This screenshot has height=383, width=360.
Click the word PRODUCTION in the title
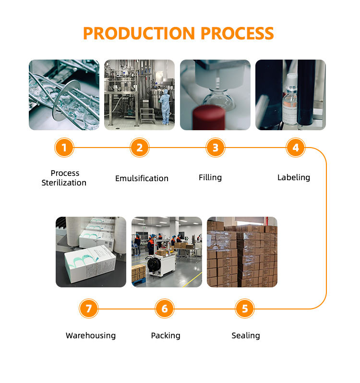pos(139,33)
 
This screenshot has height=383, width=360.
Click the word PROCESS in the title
pos(237,33)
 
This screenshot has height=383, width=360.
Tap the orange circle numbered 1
pos(64,148)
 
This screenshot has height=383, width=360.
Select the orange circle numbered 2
pos(140,148)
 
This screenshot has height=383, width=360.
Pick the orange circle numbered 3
pos(216,148)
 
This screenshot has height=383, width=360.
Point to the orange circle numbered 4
pos(296,148)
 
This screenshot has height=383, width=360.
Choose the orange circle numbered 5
pos(245,309)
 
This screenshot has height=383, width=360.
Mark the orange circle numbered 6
pos(165,309)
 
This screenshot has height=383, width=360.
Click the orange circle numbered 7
pos(89,309)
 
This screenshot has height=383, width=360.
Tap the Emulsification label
pos(142,178)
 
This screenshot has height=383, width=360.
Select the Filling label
pos(210,178)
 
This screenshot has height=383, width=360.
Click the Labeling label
pos(294,178)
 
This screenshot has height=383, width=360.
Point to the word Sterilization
pos(64,183)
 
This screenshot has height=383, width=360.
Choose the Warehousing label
pos(91,335)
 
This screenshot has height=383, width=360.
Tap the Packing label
pos(166,335)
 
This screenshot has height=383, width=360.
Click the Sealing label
pos(246,335)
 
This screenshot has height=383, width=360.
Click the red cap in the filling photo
pos(209,118)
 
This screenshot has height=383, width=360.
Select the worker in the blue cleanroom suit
pos(165,107)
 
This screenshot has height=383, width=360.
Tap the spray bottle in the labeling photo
pos(290,99)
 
